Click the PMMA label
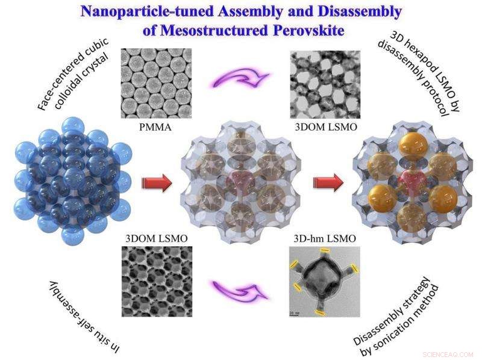click(155, 127)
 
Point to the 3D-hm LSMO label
click(325, 238)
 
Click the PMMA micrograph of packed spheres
click(156, 83)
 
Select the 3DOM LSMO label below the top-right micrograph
click(326, 127)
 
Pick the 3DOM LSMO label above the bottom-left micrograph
click(157, 238)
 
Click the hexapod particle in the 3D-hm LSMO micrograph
click(324, 281)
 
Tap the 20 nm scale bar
click(293, 314)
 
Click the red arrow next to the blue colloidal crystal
click(157, 184)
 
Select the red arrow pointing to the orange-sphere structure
click(328, 184)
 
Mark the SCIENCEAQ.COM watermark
click(448, 355)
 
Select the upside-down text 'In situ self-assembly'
click(84, 317)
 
